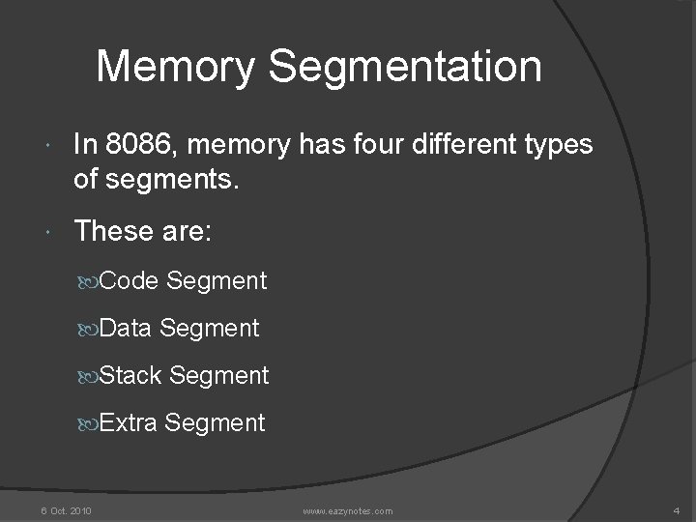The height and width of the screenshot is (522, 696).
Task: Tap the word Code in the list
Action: point(130,281)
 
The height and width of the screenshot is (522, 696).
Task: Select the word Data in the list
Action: point(127,329)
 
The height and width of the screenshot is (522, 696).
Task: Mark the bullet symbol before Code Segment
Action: point(93,282)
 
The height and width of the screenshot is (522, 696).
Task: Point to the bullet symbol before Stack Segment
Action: point(93,376)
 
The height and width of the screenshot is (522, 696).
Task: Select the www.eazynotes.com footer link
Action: point(347,509)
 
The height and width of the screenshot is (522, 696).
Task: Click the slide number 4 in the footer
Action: point(675,509)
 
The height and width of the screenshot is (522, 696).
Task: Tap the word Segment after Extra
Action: point(215,422)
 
